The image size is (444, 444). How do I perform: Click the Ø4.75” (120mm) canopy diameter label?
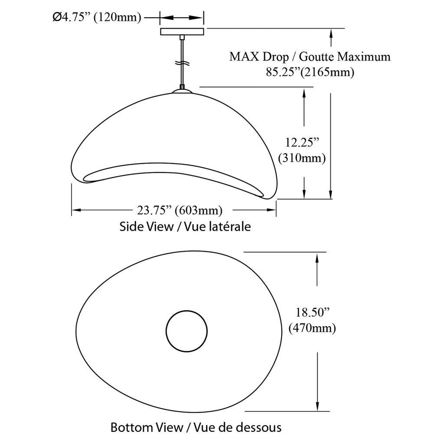point(97,17)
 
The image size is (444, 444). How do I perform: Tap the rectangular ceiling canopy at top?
point(182,31)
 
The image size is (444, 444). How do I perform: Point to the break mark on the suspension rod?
point(182,63)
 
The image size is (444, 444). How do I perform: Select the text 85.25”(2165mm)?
point(310,72)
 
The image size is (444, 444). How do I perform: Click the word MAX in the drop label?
point(244,57)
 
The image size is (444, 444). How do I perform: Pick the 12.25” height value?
point(302,142)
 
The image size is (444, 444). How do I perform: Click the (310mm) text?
point(302,158)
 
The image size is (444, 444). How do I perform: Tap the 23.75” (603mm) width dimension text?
point(180,210)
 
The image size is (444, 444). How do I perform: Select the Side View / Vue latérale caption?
point(185,226)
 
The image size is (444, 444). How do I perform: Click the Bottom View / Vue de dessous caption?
point(196,427)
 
